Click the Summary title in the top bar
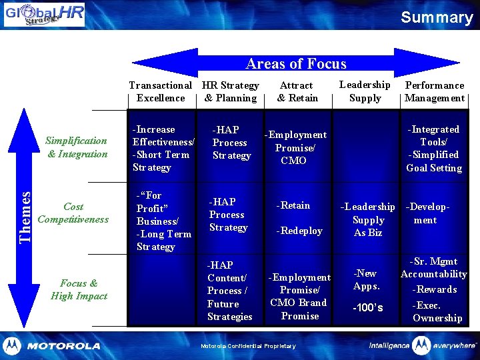coord(437,17)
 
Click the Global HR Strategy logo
coord(44,15)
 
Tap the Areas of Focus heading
coord(296,64)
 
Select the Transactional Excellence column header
coord(160,91)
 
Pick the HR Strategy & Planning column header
coord(231,91)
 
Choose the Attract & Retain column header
coord(297,91)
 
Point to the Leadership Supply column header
coord(365,91)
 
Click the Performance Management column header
coord(435,91)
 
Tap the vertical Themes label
coord(25,217)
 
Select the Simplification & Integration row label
coord(77,147)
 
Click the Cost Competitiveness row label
coord(73,213)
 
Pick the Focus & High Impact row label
coord(79,289)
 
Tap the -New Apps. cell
coord(367,279)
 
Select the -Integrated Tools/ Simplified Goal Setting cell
coord(434,148)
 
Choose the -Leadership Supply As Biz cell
coord(368,219)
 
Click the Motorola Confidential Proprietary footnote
coord(248,346)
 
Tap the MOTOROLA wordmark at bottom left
coord(63,346)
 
